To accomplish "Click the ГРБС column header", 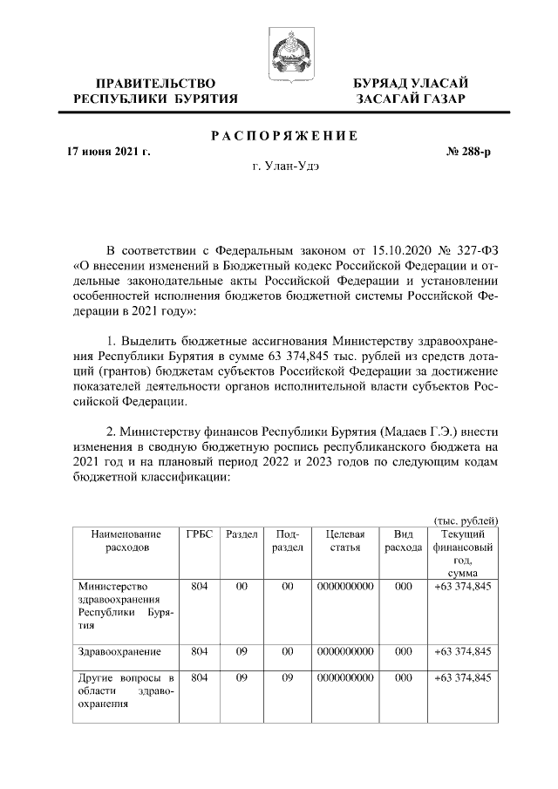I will click(199, 534).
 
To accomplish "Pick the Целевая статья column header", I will click(345, 541).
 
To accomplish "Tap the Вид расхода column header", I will click(403, 541).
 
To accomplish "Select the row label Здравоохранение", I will click(112, 651).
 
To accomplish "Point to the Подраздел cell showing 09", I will click(288, 678).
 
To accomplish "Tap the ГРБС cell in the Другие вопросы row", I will click(199, 678).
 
